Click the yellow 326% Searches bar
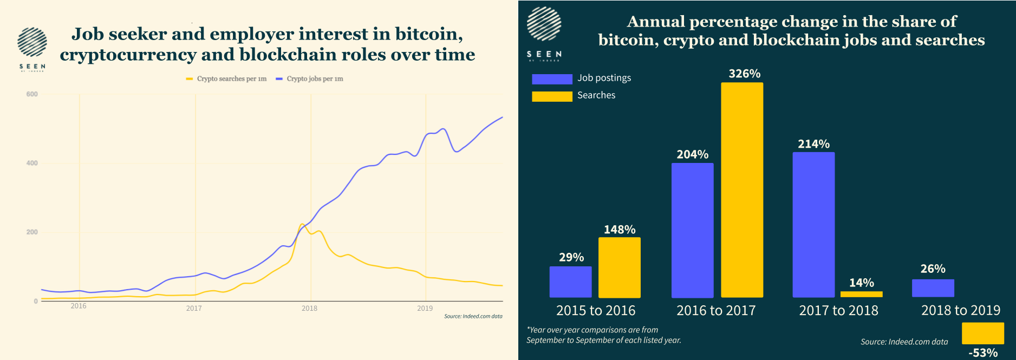pyautogui.click(x=742, y=189)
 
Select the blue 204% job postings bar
pyautogui.click(x=692, y=230)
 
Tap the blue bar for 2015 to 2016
pyautogui.click(x=570, y=282)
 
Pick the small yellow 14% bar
pyautogui.click(x=861, y=294)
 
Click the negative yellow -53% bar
pyautogui.click(x=982, y=333)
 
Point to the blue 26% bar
pyautogui.click(x=933, y=288)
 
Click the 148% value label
pyautogui.click(x=620, y=230)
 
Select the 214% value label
pyautogui.click(x=813, y=144)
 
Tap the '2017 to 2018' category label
pyautogui.click(x=838, y=310)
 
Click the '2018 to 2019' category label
pyautogui.click(x=961, y=310)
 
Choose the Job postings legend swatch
pyautogui.click(x=552, y=79)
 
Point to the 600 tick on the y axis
pyautogui.click(x=32, y=94)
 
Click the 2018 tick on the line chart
pyautogui.click(x=309, y=308)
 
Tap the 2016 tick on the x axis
pyautogui.click(x=79, y=306)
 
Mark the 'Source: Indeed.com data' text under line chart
pyautogui.click(x=473, y=316)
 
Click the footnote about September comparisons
pyautogui.click(x=603, y=335)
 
